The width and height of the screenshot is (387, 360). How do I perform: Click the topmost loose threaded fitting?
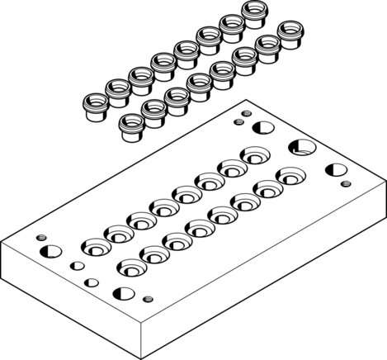254,12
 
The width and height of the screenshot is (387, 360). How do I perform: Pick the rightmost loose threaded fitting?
288,32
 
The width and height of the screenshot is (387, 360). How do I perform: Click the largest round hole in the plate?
301,149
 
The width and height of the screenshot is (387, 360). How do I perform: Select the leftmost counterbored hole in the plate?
95,247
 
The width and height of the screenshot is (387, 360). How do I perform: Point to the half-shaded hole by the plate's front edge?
125,292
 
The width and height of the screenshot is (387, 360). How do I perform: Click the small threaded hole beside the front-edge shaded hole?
148,299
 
